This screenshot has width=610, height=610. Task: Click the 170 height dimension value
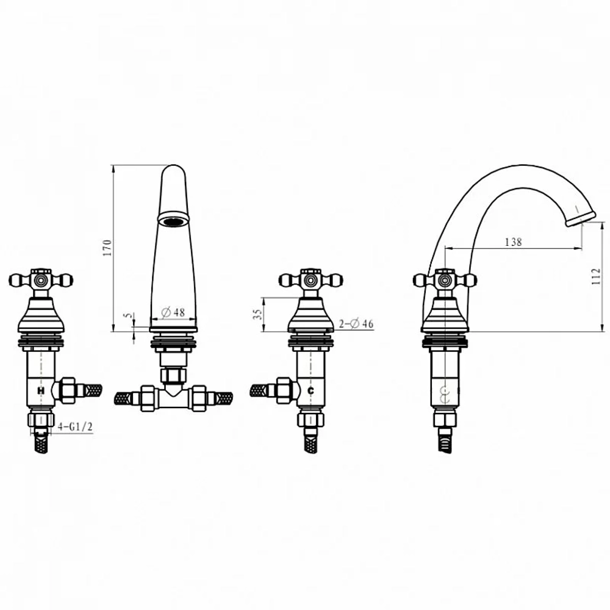click(107, 248)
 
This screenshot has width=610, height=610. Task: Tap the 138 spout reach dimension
click(513, 242)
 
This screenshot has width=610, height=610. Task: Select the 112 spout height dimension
click(596, 276)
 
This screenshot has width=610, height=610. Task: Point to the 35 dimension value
click(257, 314)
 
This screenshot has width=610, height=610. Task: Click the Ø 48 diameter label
click(173, 312)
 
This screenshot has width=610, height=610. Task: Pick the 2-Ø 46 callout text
click(356, 323)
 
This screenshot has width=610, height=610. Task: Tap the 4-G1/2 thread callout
click(75, 427)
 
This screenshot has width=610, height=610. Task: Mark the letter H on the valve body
click(41, 390)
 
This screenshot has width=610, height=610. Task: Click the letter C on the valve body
click(310, 390)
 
